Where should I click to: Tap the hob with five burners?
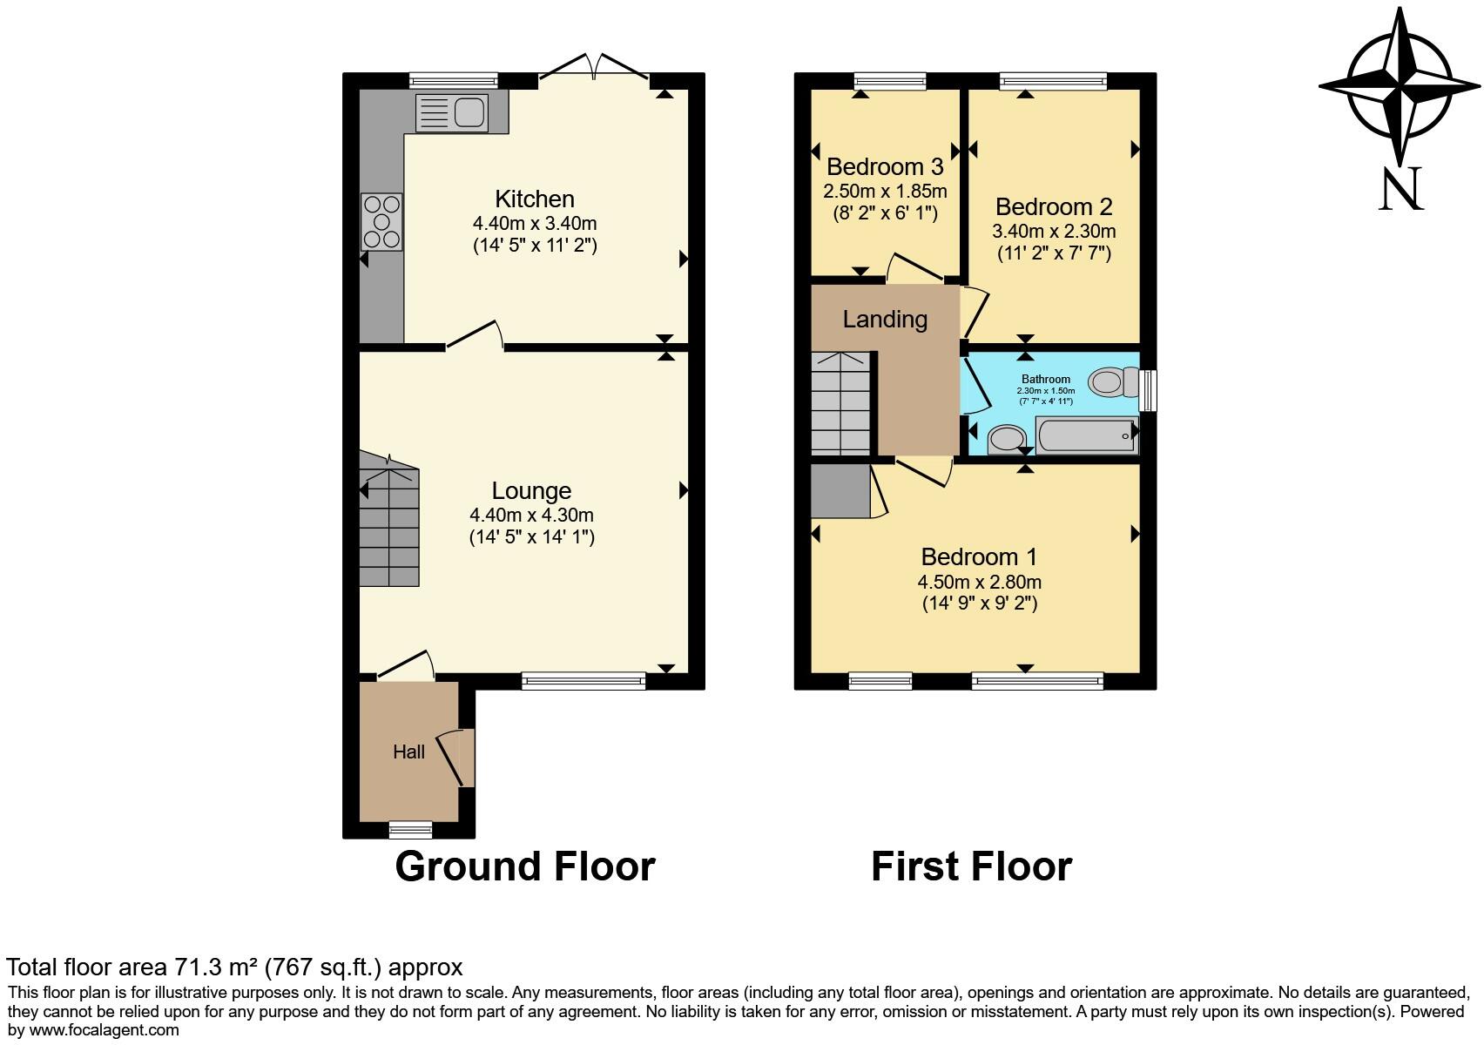tap(381, 222)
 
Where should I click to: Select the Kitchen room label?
tap(535, 199)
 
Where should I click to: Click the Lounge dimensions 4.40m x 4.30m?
tap(531, 515)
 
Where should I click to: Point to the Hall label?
tap(408, 752)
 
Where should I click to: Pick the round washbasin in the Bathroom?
tap(1007, 439)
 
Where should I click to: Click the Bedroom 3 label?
tap(885, 166)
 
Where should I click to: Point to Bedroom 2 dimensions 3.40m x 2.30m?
tap(1054, 232)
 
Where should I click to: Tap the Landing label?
tap(885, 320)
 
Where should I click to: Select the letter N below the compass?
tap(1400, 189)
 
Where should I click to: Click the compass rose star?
tap(1400, 86)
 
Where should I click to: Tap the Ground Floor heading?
tap(524, 866)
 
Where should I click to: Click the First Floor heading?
tap(971, 866)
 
